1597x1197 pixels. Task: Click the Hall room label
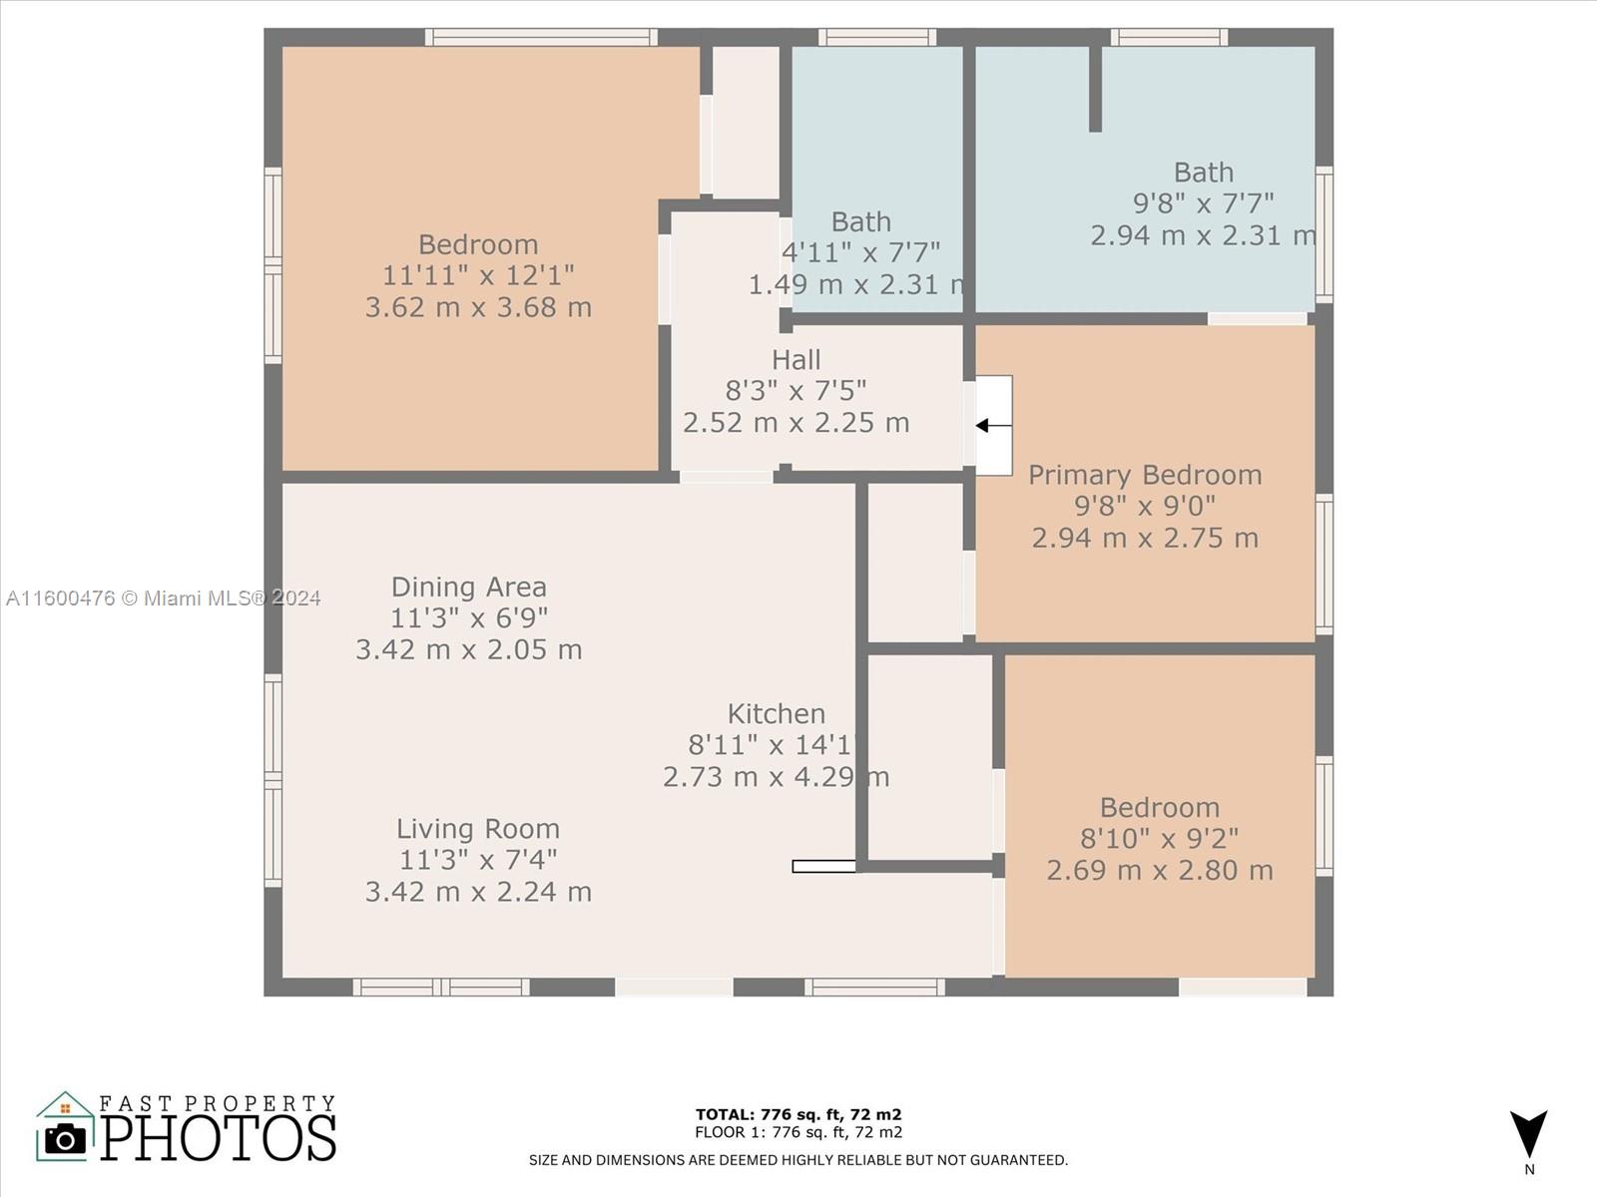[x=796, y=360]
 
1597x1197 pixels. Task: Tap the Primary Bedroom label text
[x=1145, y=475]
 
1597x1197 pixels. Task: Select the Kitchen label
[x=777, y=713]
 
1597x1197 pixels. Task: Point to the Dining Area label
[x=468, y=587]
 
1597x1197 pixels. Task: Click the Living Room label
[x=478, y=829]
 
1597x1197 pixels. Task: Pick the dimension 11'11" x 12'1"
[x=478, y=275]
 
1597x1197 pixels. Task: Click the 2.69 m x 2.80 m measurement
[x=1160, y=870]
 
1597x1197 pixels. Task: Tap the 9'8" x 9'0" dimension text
[x=1145, y=506]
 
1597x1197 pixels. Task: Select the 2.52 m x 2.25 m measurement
[x=796, y=422]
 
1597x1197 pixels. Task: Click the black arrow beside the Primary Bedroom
[x=993, y=426]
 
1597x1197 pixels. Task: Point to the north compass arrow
[x=1528, y=1134]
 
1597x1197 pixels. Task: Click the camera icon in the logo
[x=65, y=1139]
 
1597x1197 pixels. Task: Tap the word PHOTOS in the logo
[x=219, y=1138]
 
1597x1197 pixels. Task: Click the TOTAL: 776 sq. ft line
[x=798, y=1114]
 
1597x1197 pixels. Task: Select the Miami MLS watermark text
[x=163, y=598]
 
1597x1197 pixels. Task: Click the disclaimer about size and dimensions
[x=798, y=1161]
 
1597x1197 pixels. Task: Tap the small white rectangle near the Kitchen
[x=823, y=866]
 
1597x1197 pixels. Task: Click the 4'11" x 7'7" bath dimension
[x=860, y=253]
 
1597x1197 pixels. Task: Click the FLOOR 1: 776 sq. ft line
[x=798, y=1131]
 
